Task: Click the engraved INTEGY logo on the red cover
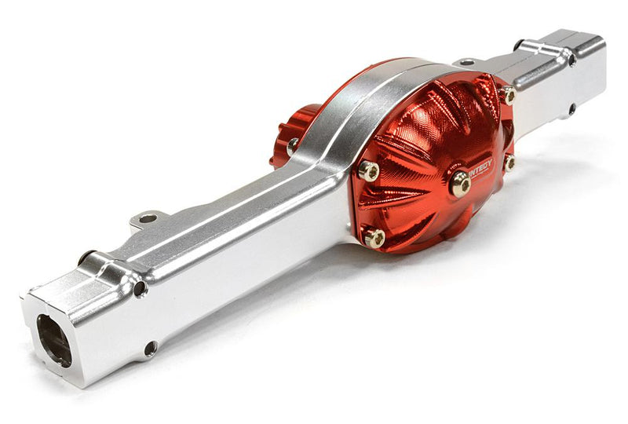click(480, 167)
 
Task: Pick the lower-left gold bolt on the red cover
click(375, 238)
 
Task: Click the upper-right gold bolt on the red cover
click(508, 96)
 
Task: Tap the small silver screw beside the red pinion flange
click(293, 145)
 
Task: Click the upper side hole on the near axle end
click(140, 289)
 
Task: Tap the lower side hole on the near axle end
click(150, 348)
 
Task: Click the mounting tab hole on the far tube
click(466, 61)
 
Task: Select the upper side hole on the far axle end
click(571, 60)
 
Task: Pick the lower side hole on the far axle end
click(571, 109)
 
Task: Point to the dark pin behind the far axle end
click(519, 45)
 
